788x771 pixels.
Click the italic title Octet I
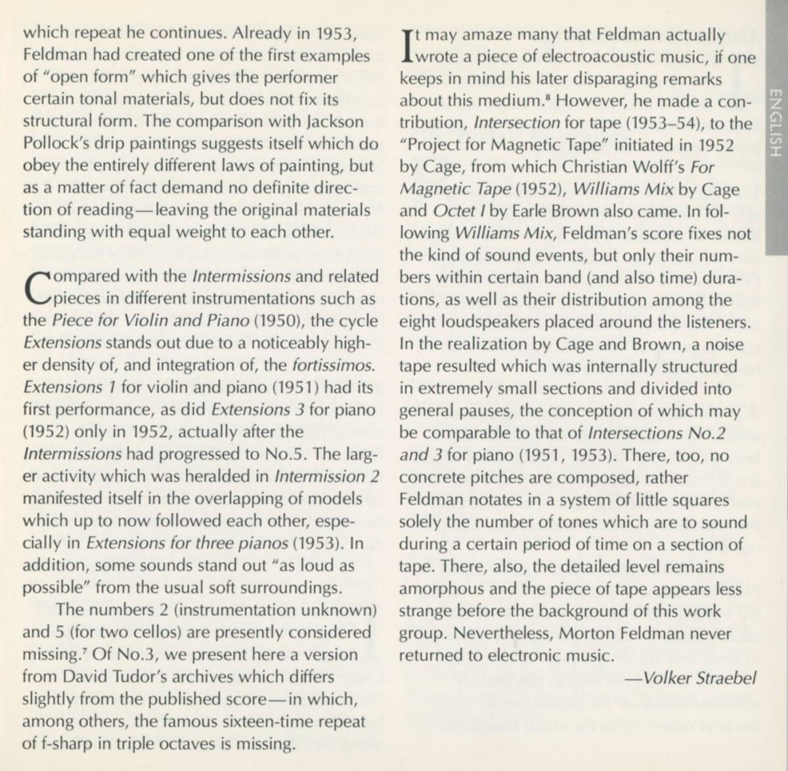pos(459,211)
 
